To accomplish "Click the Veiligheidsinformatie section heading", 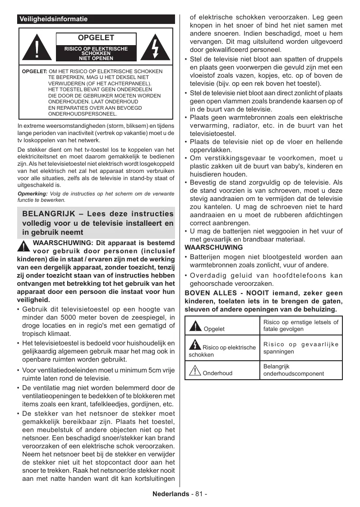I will (x=53, y=19).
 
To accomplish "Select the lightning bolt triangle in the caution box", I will (x=155, y=47).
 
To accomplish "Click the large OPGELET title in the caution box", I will (x=96, y=38).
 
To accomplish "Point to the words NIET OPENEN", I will (x=96, y=58).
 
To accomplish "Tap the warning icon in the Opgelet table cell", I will (x=195, y=326).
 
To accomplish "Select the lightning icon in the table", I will (x=195, y=345).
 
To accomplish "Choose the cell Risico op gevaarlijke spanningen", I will (x=300, y=348).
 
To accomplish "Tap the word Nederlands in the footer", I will (x=171, y=493).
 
